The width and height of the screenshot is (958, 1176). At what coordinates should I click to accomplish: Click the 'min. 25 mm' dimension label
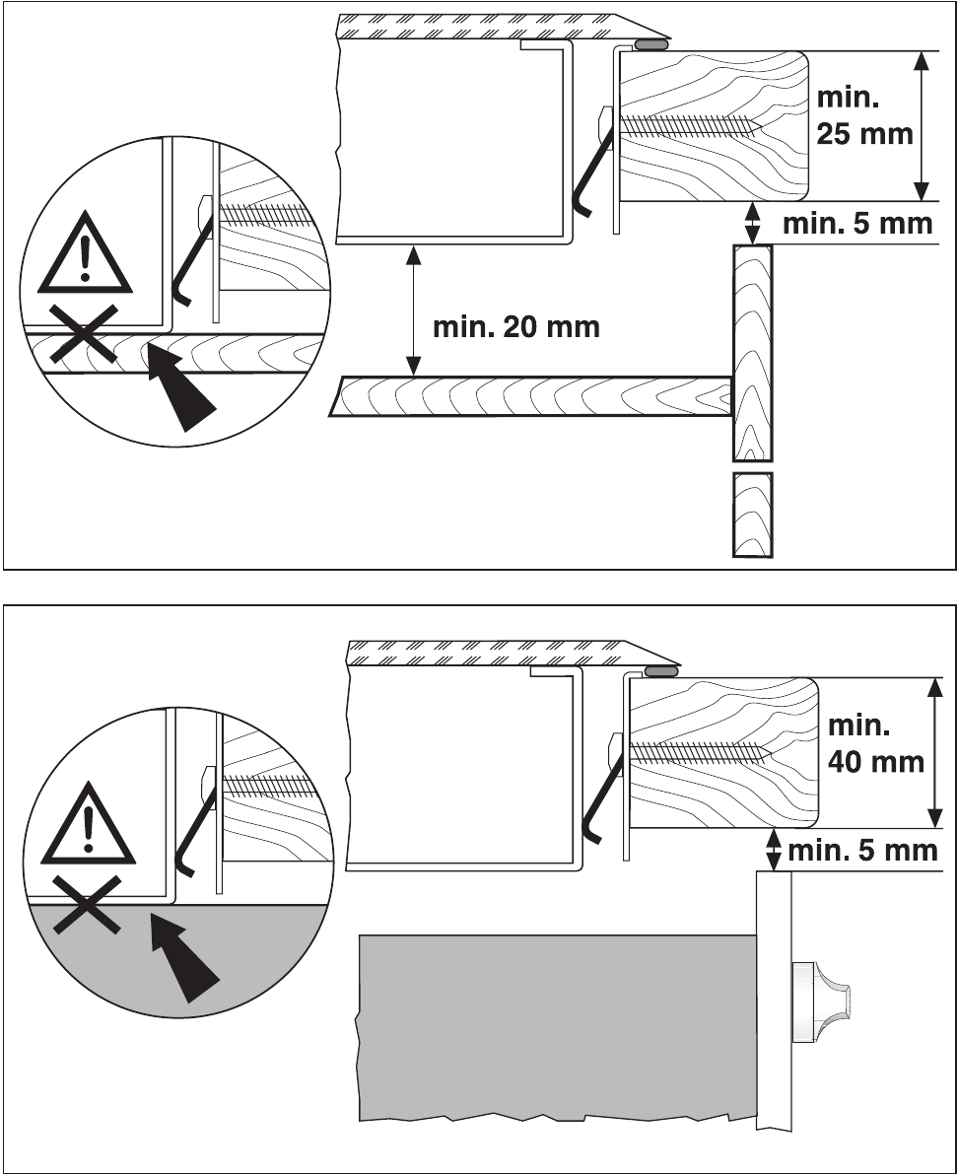click(864, 116)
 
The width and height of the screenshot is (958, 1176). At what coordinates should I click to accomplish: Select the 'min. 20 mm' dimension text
click(516, 327)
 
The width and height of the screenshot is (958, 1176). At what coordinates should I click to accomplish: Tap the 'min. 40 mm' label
click(875, 744)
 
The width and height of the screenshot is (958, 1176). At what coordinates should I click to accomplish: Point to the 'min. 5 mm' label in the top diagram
click(857, 224)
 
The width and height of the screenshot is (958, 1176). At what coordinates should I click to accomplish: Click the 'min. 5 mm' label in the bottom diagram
click(862, 851)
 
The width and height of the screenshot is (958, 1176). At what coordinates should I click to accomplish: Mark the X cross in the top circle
click(84, 334)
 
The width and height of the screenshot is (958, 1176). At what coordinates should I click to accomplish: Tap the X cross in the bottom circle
click(87, 904)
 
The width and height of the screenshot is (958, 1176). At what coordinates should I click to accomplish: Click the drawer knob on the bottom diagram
click(821, 1002)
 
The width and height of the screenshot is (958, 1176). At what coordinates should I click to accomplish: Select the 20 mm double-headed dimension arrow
click(413, 311)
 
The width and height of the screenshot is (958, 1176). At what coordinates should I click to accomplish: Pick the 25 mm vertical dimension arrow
click(922, 126)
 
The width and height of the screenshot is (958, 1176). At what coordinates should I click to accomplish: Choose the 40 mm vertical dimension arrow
click(934, 752)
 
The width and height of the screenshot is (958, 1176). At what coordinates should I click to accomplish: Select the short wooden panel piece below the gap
click(753, 516)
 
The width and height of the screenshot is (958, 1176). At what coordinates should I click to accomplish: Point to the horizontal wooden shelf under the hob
click(530, 396)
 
